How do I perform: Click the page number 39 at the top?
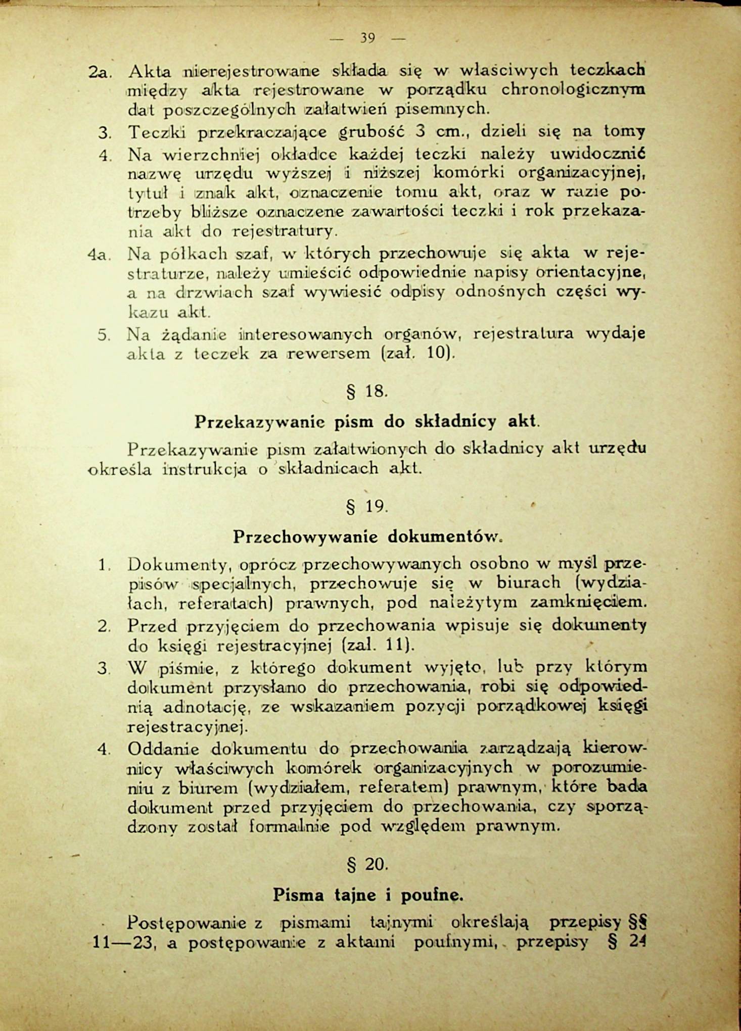(367, 38)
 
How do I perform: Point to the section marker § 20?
(367, 864)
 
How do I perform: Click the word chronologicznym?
(573, 89)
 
